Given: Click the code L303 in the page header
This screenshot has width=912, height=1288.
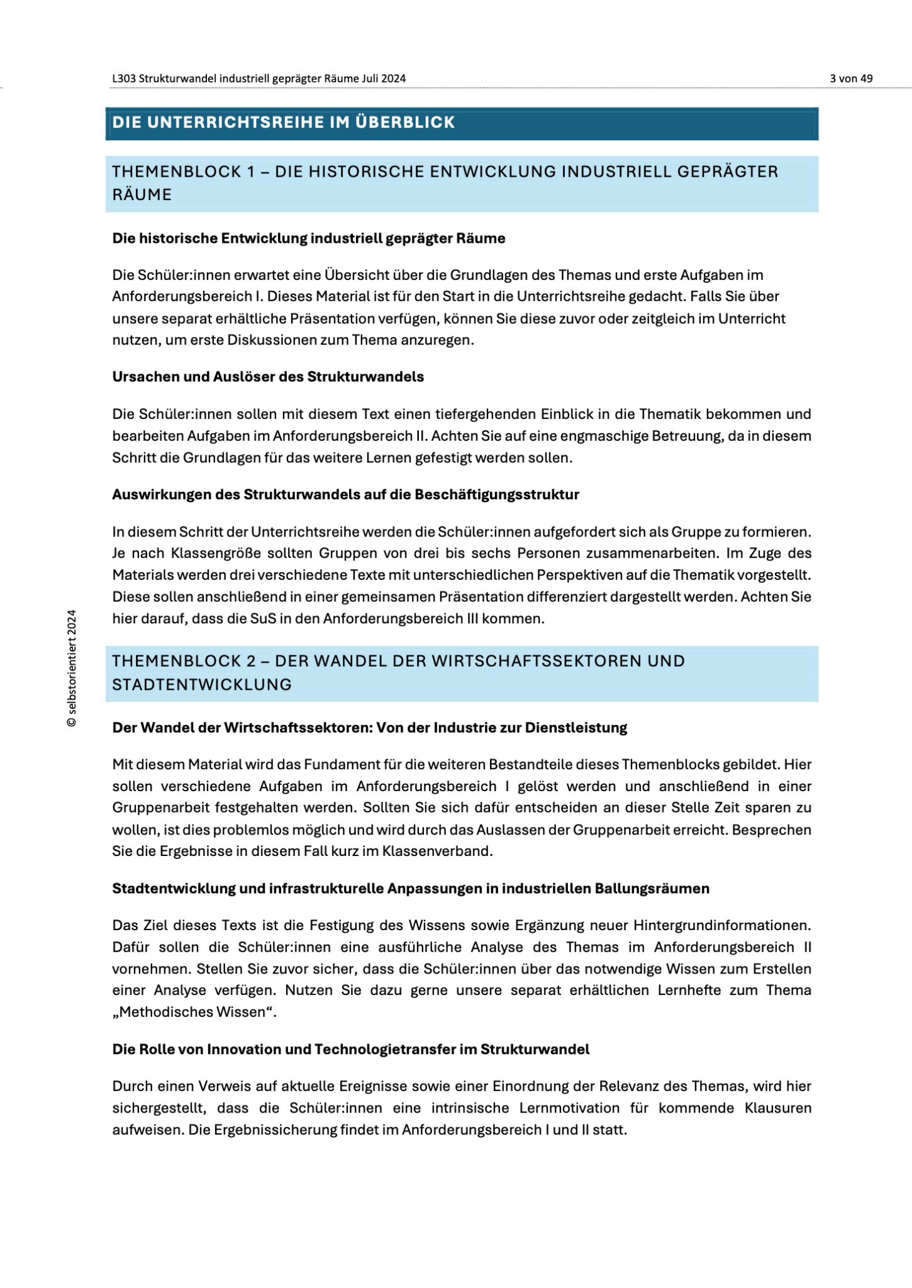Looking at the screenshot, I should coord(124,79).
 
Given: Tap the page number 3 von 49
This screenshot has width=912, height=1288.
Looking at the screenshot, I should coord(851,79).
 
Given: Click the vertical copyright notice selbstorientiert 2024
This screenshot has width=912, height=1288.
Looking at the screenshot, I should coord(72,668).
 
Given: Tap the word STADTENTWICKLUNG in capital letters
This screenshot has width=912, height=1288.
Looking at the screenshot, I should coord(202,685).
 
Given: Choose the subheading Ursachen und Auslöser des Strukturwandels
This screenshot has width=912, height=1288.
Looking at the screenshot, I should coord(268,377).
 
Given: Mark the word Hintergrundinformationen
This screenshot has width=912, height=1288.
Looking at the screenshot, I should coord(722,926).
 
